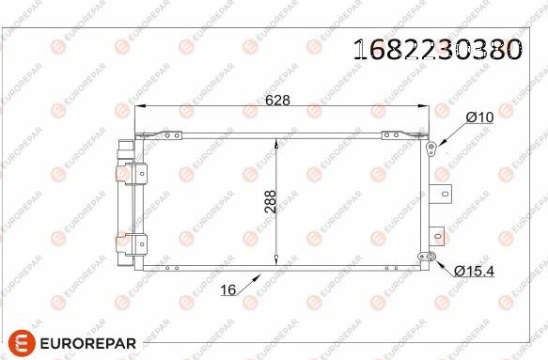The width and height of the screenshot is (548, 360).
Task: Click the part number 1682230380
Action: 436,50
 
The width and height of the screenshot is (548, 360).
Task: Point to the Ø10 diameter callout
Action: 479,117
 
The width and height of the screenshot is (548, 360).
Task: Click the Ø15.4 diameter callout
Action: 475,271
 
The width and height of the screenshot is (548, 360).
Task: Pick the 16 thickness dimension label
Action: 227,290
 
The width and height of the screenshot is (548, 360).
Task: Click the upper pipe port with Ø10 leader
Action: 431,148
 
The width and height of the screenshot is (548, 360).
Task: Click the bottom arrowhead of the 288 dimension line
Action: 274,259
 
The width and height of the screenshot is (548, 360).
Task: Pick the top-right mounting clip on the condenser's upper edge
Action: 397,136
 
